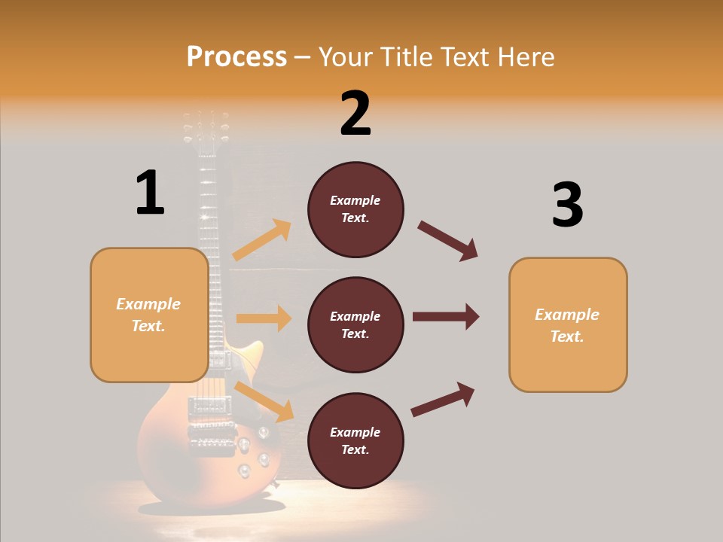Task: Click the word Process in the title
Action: click(x=236, y=56)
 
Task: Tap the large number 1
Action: click(x=150, y=193)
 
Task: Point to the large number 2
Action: click(x=355, y=114)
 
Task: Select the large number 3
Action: click(x=567, y=205)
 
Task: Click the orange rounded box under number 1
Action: click(x=149, y=315)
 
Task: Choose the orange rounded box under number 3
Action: click(x=568, y=324)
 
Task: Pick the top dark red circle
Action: click(x=355, y=209)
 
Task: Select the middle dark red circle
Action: click(x=355, y=324)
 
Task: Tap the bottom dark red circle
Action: click(x=355, y=440)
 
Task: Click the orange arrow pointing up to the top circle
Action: click(x=262, y=240)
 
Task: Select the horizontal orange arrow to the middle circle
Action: click(x=264, y=318)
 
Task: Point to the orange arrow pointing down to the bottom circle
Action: click(x=264, y=401)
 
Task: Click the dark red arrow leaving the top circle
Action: click(x=448, y=241)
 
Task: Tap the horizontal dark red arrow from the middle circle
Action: click(x=446, y=316)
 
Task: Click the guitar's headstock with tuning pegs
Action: click(x=205, y=132)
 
